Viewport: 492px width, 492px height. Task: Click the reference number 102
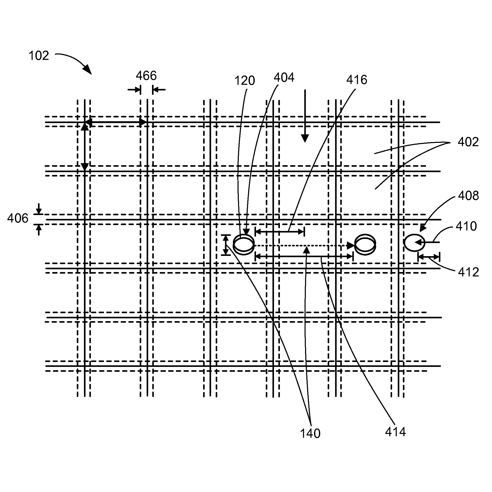39,56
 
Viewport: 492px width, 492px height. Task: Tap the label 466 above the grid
146,76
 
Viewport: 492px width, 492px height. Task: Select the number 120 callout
244,81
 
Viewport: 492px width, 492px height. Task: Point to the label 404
284,77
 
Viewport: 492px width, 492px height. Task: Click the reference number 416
357,80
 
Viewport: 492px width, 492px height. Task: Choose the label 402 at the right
468,142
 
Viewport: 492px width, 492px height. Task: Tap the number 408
468,196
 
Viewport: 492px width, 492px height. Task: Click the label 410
466,226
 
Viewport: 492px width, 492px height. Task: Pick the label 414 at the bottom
395,432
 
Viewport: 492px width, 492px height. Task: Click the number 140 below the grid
310,434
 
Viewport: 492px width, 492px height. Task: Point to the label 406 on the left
17,219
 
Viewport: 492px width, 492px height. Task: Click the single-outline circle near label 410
414,242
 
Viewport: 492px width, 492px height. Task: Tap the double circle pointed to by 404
244,244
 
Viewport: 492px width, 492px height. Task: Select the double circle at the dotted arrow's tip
365,244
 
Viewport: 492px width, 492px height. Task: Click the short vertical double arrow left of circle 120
226,245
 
